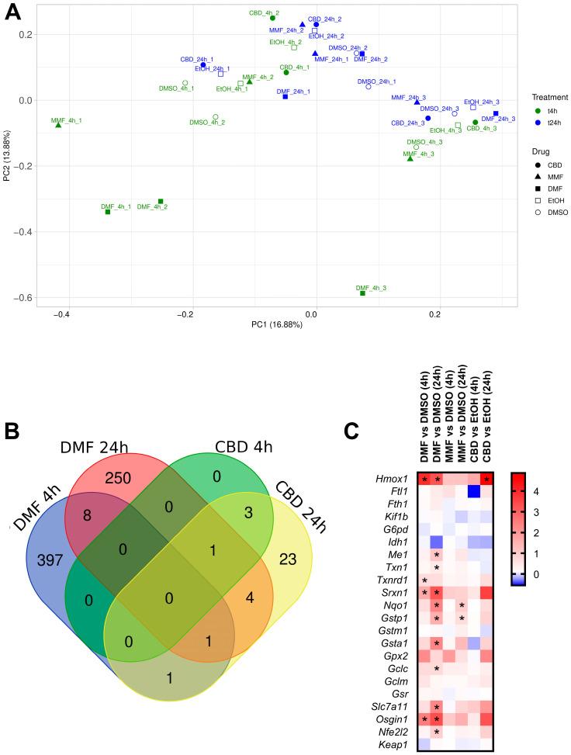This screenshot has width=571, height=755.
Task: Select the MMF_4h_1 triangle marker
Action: [x=58, y=125]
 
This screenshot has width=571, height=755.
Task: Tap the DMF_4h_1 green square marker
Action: [x=108, y=212]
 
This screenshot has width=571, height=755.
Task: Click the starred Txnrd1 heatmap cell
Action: [x=424, y=580]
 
